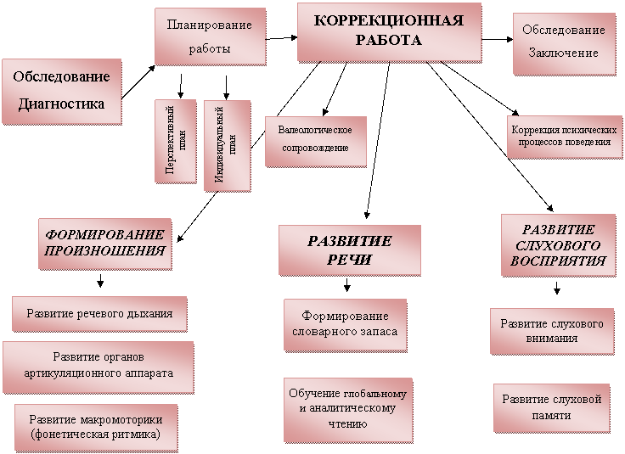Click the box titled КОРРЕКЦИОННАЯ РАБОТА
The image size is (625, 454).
389,32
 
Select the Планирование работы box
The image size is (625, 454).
210,36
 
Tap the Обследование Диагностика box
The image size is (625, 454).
61,92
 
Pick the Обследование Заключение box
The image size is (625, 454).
564,44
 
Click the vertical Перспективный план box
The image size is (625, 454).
176,141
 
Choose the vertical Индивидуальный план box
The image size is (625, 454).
228,146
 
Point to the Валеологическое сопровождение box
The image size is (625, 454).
316,142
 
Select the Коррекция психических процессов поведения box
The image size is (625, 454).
565,137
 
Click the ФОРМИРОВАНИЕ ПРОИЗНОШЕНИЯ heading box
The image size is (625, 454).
105,244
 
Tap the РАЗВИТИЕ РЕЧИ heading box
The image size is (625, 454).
350,250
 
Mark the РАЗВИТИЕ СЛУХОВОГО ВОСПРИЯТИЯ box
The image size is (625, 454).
558,244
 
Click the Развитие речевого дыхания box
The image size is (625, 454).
99,314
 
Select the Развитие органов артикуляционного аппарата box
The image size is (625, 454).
98,367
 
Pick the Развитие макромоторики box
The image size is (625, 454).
96,428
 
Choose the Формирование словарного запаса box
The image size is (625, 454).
345,325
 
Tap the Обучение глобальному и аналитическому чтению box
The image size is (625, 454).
348,410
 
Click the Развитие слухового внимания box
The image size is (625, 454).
552,331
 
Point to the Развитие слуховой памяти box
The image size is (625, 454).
552,408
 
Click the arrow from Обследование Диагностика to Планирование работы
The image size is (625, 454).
138,81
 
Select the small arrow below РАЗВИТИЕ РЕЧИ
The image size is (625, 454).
347,285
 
